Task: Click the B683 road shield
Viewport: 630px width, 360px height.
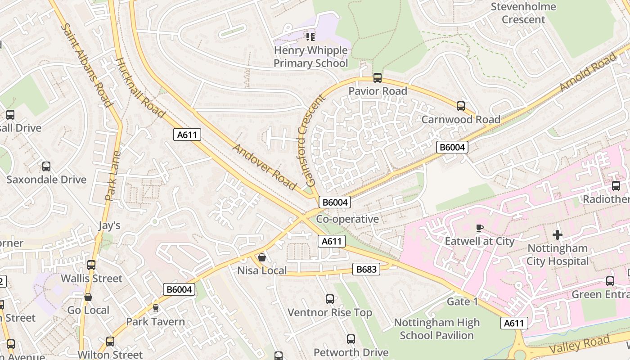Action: [366, 269]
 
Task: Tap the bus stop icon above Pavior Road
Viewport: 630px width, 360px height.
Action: [377, 78]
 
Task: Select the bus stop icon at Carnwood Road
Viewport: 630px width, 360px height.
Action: [460, 106]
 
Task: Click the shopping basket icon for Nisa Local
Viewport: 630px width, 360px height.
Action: [261, 257]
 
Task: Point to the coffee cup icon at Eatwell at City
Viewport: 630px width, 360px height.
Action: [479, 228]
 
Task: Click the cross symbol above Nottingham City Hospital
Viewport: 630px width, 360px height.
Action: [558, 234]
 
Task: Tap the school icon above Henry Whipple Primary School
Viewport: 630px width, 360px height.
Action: [310, 36]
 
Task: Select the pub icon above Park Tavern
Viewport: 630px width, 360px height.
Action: [156, 308]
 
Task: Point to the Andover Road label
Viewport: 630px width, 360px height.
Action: [265, 166]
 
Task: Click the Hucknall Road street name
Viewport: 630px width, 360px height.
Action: [140, 87]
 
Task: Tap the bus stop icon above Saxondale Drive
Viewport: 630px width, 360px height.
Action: [46, 166]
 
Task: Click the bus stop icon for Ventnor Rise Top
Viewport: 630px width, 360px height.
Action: [329, 299]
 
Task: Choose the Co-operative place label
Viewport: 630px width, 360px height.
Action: [347, 219]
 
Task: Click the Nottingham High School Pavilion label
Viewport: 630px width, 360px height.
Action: [436, 329]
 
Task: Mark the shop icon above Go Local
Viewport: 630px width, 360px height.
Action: [88, 297]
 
